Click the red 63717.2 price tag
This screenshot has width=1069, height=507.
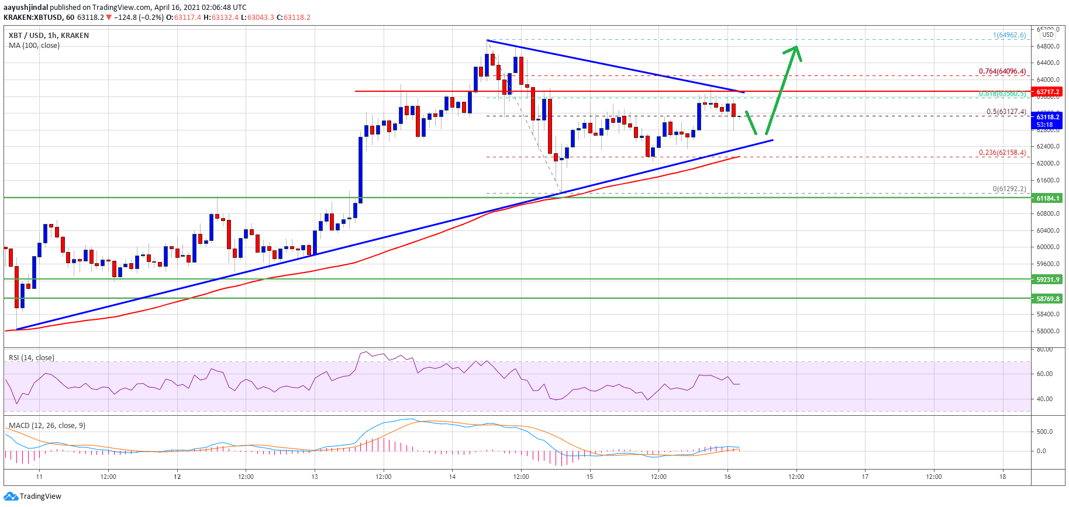tap(1047, 92)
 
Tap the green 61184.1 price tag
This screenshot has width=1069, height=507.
tap(1047, 198)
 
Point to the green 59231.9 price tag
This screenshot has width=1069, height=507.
tap(1047, 280)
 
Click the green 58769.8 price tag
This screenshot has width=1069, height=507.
tap(1047, 299)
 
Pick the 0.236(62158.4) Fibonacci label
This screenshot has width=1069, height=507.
tap(1002, 153)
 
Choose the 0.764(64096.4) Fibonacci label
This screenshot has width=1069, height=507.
tap(1002, 71)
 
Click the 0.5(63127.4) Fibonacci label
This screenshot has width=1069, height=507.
tap(1006, 112)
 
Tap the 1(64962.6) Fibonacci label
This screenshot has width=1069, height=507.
tap(1009, 35)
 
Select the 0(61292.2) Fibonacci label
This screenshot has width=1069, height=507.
tap(1009, 189)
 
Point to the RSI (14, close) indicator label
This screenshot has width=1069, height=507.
tap(32, 358)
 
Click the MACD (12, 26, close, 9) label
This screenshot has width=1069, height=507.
tap(47, 426)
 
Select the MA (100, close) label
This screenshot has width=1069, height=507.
tap(34, 46)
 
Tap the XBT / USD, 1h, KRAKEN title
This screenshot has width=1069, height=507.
tap(49, 36)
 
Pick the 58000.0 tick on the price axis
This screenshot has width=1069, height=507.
tap(1047, 331)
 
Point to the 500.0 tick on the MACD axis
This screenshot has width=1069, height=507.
tap(1044, 432)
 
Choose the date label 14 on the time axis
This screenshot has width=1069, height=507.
tap(452, 477)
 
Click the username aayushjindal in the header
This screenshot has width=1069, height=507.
tap(26, 8)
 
